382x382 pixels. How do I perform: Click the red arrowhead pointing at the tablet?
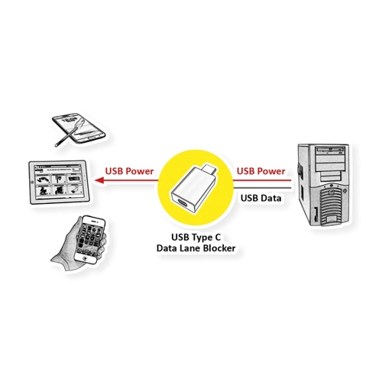click(x=99, y=180)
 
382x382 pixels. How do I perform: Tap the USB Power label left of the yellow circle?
click(x=129, y=171)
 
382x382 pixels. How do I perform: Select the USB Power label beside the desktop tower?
click(x=261, y=171)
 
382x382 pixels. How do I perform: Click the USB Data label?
click(x=261, y=198)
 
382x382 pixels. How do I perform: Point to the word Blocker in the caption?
click(x=219, y=248)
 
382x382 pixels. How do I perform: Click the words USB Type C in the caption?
click(x=196, y=238)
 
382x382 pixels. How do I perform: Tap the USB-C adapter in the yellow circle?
click(x=193, y=188)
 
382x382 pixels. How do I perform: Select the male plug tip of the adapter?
click(x=210, y=169)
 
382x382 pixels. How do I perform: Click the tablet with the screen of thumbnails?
click(x=59, y=182)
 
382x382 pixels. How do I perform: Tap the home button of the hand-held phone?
click(x=86, y=258)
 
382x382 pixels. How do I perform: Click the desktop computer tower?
click(x=323, y=185)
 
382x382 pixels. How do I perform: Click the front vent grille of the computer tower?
click(x=331, y=204)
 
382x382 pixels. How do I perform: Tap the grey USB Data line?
click(x=262, y=188)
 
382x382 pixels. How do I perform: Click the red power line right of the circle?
click(x=262, y=180)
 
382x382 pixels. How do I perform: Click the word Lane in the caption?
click(x=189, y=248)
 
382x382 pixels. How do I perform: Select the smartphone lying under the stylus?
click(x=79, y=128)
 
